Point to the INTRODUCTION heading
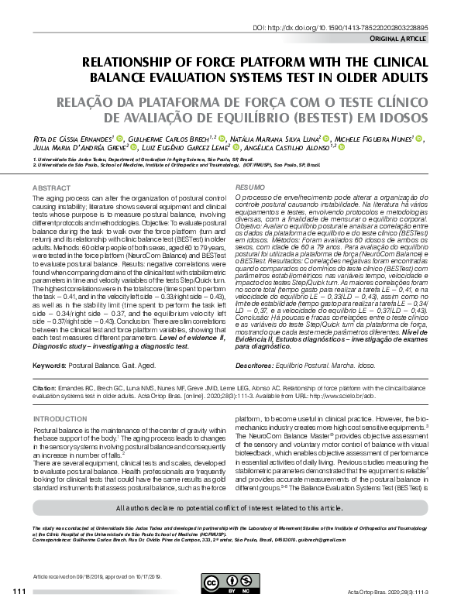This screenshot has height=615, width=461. [60, 418]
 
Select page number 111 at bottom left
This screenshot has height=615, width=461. [19, 593]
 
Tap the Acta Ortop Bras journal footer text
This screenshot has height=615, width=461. [387, 593]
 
